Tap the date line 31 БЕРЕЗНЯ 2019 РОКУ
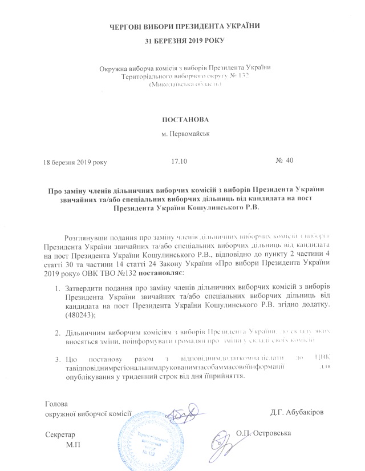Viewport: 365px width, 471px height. tap(182, 41)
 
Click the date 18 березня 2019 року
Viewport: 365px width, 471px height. tap(76, 162)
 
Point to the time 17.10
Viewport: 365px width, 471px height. tap(179, 162)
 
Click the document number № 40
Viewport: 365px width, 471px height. tap(284, 161)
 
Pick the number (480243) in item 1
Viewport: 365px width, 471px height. tap(80, 315)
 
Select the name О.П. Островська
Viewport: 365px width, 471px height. tap(264, 434)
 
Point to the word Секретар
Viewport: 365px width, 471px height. tap(60, 434)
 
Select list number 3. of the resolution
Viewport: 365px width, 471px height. tap(59, 360)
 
